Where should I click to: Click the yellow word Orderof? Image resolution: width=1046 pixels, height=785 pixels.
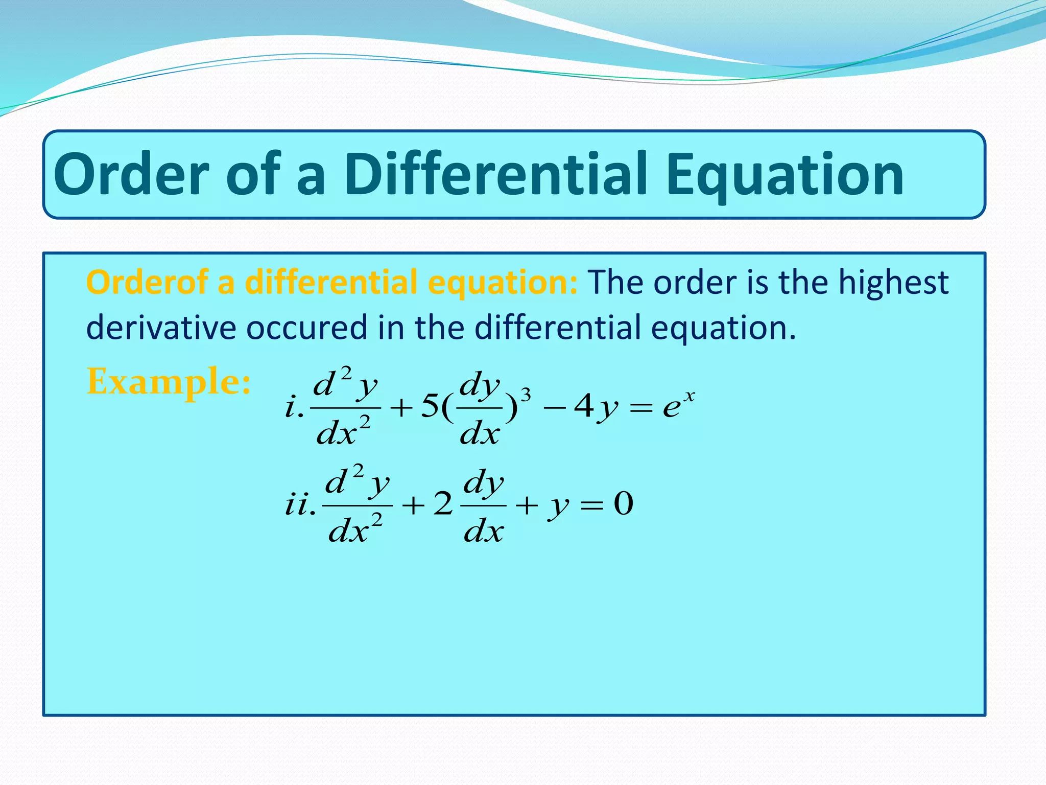coord(148,282)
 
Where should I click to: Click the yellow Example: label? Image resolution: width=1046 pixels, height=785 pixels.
coord(169,382)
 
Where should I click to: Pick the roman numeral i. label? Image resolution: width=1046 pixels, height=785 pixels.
coord(294,407)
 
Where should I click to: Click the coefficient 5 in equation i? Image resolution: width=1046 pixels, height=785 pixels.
coord(430,407)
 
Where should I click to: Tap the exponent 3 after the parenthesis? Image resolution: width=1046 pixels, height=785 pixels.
coord(525,395)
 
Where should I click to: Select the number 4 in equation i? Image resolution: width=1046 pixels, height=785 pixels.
coord(583,407)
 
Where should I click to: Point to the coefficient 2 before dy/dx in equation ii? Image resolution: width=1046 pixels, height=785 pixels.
coord(443,504)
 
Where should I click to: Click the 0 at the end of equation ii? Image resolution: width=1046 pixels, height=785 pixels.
coord(623,504)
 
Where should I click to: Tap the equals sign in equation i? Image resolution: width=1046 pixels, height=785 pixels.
coord(641,408)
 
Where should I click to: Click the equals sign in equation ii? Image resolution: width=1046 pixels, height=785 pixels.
coord(592,505)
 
